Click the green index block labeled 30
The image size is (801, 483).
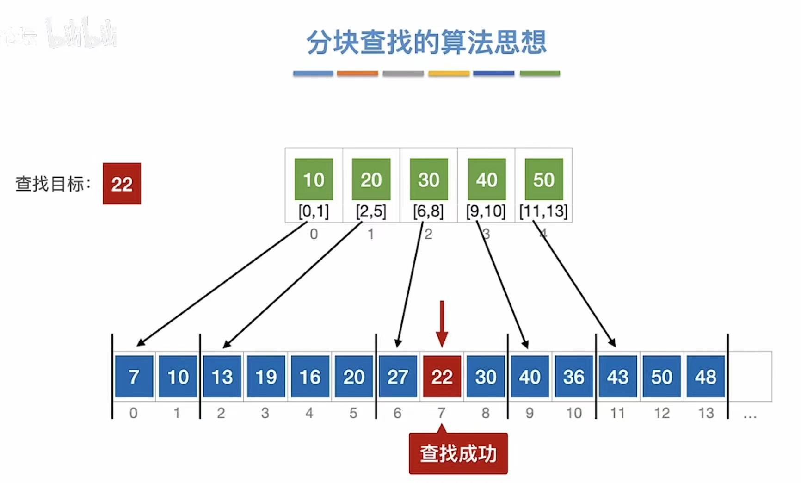(429, 179)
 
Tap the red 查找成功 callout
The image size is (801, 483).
(458, 454)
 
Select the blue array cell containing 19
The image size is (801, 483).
(266, 377)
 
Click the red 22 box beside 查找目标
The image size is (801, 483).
(122, 184)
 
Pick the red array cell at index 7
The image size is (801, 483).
(442, 377)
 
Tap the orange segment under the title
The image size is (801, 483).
(357, 74)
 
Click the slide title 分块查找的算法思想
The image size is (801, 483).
(426, 42)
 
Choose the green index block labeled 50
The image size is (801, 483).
(544, 179)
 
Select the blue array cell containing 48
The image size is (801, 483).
(705, 377)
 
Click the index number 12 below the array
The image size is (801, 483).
(662, 413)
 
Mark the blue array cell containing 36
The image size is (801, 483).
(573, 377)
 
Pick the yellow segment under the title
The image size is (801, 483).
(449, 74)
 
